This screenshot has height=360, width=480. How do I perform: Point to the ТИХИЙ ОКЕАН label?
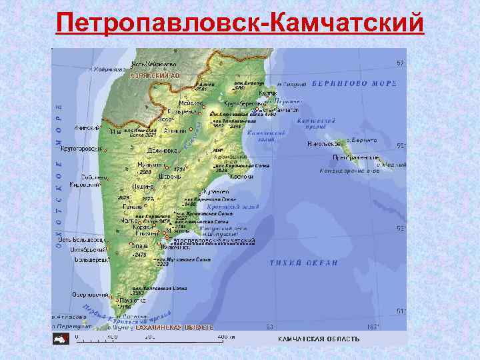coord(304,263)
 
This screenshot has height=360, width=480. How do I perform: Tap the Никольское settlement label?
coord(325,143)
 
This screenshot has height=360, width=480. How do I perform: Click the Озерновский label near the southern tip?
coord(91,294)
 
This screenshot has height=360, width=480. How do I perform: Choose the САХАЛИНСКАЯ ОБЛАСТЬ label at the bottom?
coord(175,328)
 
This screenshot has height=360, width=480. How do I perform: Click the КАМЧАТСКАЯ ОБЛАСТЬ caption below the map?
coord(318,339)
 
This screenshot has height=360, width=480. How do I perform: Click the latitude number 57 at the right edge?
coord(401,63)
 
